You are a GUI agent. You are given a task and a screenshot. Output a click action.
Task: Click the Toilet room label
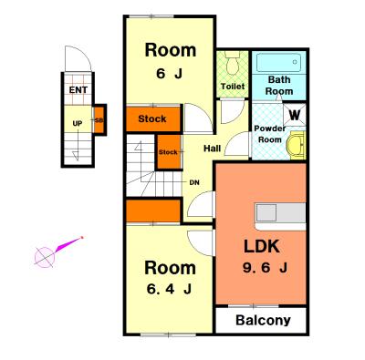(233, 87)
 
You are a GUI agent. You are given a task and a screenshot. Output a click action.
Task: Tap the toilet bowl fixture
(234, 63)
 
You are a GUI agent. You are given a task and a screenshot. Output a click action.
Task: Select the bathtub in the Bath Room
(278, 63)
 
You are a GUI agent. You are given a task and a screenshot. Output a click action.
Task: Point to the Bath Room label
(279, 86)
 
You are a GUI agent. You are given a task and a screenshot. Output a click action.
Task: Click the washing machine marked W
(294, 115)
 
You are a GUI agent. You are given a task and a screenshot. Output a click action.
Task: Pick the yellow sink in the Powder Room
(297, 145)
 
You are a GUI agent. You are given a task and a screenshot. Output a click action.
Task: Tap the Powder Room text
(270, 134)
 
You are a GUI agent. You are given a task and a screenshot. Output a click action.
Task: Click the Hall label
(213, 149)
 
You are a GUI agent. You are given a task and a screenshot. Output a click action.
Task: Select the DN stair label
(194, 182)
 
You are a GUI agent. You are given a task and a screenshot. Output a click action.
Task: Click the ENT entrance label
(78, 90)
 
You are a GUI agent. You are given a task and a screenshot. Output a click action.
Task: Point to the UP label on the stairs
(78, 124)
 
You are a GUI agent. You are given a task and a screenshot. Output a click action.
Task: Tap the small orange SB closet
(99, 120)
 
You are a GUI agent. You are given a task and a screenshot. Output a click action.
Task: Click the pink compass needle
(68, 244)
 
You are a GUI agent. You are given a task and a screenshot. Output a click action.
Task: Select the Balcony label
(263, 320)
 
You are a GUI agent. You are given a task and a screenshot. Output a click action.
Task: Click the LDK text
(262, 246)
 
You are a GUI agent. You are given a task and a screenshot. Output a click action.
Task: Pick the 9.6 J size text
(265, 268)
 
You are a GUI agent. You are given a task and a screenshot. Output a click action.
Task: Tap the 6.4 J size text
(169, 289)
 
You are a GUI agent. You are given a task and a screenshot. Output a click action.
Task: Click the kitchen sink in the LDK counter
(266, 212)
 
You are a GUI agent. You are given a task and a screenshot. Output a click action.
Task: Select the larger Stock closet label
(152, 118)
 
